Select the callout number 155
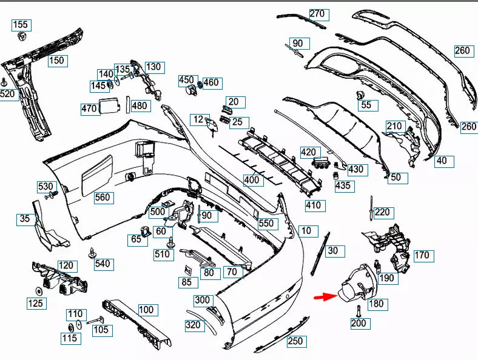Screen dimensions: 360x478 point(21,25)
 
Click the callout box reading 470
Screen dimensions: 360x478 point(89,109)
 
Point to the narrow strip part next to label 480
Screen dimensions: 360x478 point(128,105)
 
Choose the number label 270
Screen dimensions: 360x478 point(317,13)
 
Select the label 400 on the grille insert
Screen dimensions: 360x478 point(251,180)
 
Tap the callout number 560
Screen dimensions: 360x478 point(103,197)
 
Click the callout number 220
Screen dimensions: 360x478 point(382,212)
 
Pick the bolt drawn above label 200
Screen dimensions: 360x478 point(357,310)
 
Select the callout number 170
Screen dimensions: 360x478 point(422,255)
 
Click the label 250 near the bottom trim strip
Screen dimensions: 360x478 point(295,341)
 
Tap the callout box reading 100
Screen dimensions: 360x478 point(146,310)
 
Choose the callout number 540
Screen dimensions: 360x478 point(103,264)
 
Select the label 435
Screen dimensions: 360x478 point(343,185)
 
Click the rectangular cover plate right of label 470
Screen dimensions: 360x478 point(110,105)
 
